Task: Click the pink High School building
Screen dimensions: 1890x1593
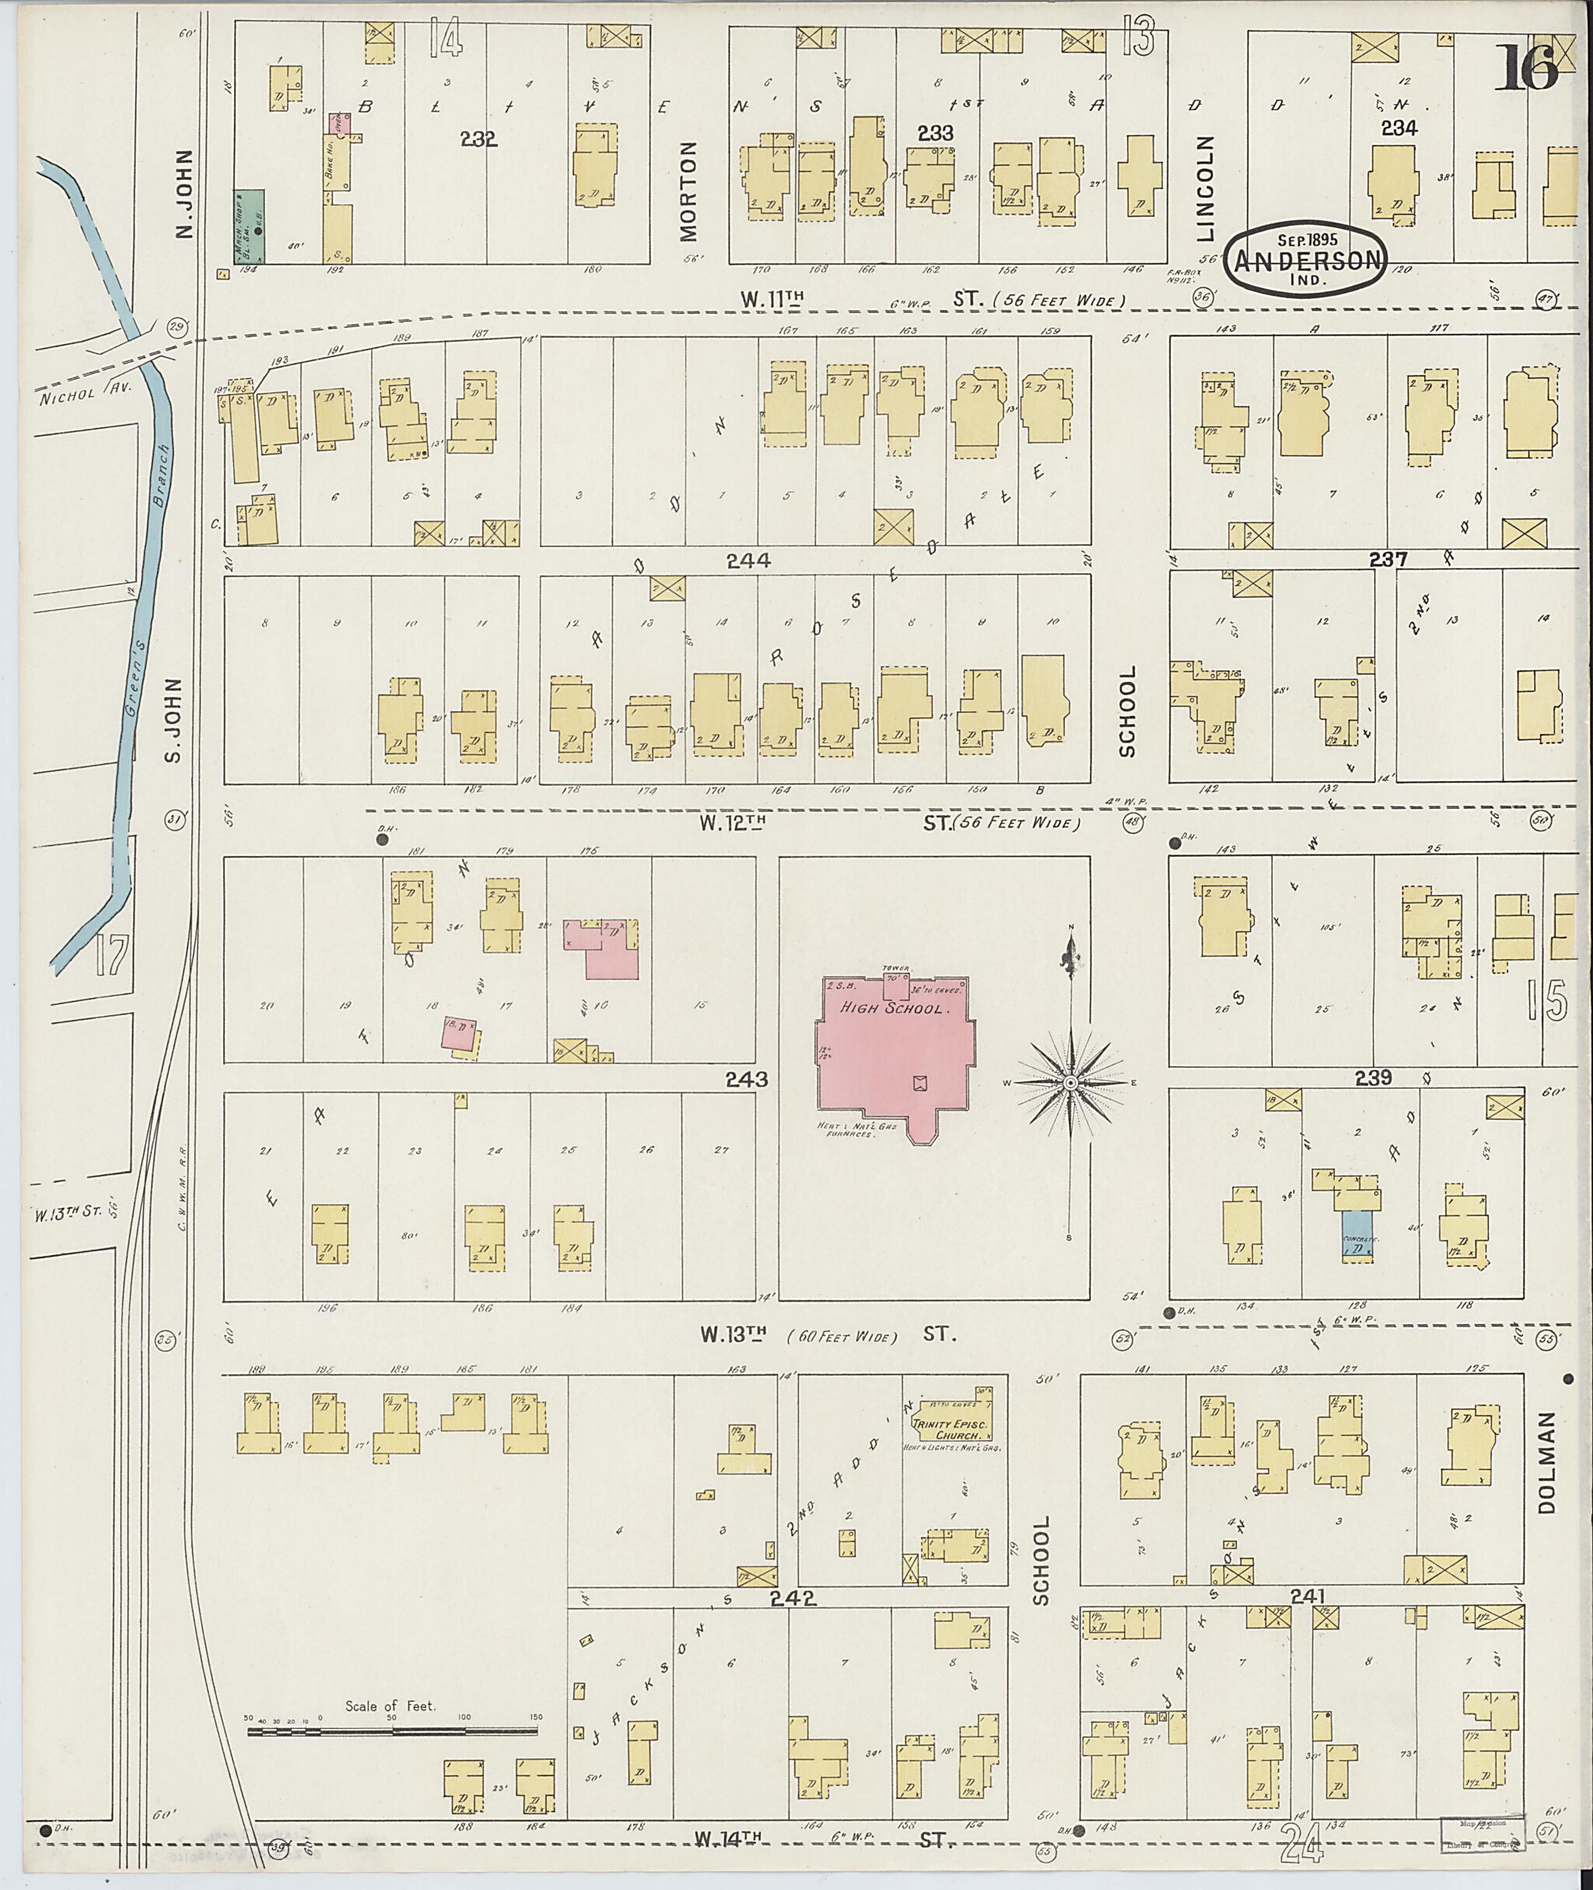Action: [894, 1053]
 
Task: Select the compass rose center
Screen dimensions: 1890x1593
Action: [1070, 1082]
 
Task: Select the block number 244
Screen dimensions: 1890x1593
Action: [747, 561]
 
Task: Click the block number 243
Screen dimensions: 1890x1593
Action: [746, 1078]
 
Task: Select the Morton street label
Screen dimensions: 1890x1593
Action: [689, 190]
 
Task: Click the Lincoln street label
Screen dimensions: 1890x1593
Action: [1206, 189]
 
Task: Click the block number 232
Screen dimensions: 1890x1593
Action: [478, 139]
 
